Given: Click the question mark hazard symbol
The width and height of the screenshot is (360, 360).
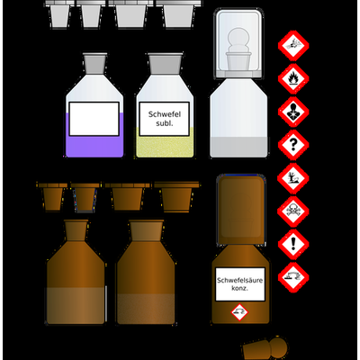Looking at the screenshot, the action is (x=293, y=145).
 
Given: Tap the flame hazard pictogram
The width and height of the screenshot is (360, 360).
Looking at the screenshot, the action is (x=293, y=78).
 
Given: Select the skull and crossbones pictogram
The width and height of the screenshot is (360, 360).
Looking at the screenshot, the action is (x=293, y=211).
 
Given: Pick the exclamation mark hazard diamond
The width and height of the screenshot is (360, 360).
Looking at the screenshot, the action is (x=293, y=244).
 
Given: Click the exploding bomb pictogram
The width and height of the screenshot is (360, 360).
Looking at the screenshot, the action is (x=293, y=46).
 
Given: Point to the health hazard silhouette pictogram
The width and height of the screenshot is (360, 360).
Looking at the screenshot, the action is (x=293, y=112).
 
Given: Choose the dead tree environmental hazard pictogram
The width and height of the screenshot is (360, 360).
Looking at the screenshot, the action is (x=293, y=178).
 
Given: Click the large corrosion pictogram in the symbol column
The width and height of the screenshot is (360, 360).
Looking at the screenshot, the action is (x=293, y=277).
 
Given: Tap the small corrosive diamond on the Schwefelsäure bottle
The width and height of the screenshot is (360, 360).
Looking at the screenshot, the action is (x=239, y=312).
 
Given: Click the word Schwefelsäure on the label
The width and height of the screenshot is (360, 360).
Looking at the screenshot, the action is (x=239, y=281).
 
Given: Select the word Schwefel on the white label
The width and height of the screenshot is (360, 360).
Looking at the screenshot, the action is (x=165, y=114).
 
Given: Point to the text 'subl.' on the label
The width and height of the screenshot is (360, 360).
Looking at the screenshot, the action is (x=165, y=123).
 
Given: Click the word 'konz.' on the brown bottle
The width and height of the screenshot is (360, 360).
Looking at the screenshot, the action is (x=239, y=288).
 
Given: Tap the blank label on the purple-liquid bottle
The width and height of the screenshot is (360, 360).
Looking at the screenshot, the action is (x=94, y=119).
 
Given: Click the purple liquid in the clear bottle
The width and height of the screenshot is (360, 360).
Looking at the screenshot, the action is (x=94, y=146).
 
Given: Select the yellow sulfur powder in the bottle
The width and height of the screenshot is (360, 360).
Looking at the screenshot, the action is (x=165, y=147).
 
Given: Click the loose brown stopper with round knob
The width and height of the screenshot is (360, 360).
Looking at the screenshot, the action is (x=265, y=348).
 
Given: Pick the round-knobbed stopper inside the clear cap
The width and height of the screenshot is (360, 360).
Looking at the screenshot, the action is (x=238, y=48).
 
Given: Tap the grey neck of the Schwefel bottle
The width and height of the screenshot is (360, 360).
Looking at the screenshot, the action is (x=165, y=64).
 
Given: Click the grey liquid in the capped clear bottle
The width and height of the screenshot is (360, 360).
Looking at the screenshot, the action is (x=238, y=147).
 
